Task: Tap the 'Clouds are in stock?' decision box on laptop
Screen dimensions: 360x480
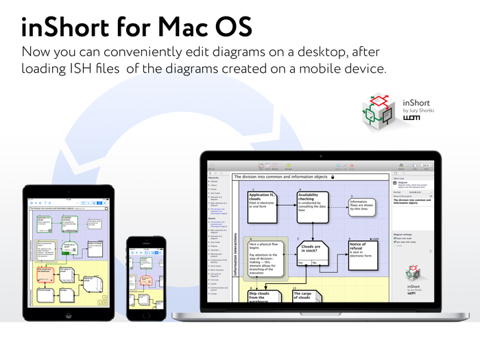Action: [311, 250]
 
